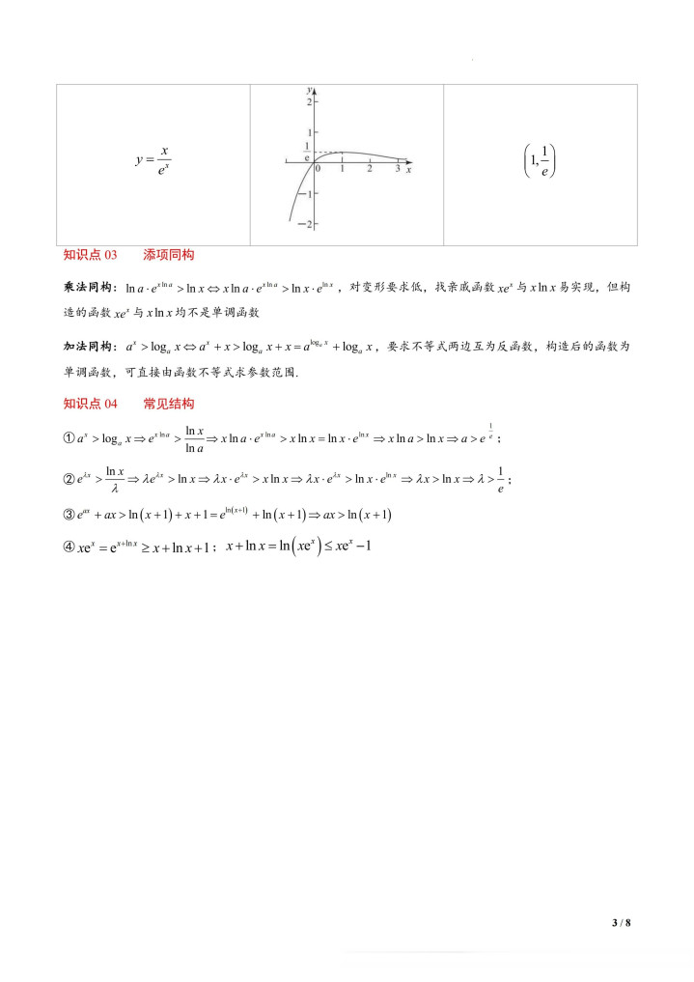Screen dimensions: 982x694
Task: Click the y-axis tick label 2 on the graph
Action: (310, 101)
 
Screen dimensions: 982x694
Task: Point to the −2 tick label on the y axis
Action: (308, 224)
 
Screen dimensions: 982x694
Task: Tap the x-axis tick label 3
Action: (397, 169)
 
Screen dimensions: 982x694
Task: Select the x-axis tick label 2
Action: (369, 169)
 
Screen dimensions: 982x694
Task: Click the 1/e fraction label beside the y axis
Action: (307, 151)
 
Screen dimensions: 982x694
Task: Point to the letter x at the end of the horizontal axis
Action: (409, 169)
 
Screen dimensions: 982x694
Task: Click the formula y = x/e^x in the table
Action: (153, 162)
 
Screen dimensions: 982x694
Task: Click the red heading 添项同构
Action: (169, 255)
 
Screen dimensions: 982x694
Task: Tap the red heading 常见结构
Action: (169, 404)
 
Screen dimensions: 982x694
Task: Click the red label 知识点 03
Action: (90, 255)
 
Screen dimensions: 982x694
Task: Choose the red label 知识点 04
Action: (90, 404)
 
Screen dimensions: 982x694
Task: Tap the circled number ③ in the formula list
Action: (69, 516)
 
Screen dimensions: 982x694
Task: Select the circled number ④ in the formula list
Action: (69, 547)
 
